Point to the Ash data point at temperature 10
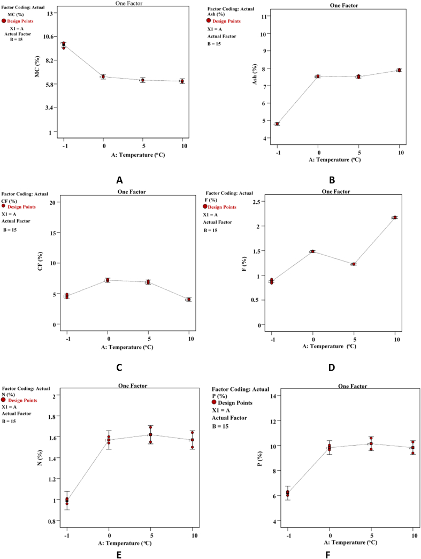(x=399, y=70)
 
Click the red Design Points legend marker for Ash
(x=208, y=21)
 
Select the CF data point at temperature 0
(x=108, y=280)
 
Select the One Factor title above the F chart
(x=336, y=192)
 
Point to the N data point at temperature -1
(x=67, y=500)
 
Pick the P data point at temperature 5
(x=371, y=443)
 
